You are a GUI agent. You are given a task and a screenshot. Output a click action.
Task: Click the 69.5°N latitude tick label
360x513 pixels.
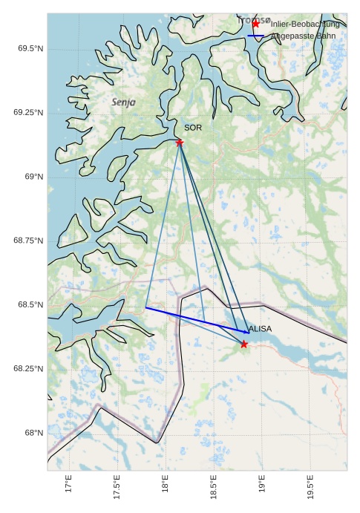tap(30, 48)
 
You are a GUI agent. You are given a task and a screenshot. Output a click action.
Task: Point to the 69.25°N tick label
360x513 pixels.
tap(28, 113)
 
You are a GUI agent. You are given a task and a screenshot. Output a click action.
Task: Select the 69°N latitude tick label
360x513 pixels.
tap(33, 177)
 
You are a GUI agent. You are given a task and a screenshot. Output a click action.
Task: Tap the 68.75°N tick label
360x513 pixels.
tap(28, 241)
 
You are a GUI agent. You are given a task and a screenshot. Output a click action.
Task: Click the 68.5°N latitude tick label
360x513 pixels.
tap(30, 305)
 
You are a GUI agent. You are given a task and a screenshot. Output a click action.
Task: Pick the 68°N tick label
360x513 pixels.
tap(33, 433)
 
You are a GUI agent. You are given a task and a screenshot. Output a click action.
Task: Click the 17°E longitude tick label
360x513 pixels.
tap(68, 485)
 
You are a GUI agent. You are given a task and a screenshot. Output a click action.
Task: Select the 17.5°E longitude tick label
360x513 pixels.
tap(117, 487)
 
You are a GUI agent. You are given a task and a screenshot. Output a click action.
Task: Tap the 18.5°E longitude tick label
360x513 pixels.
tap(213, 487)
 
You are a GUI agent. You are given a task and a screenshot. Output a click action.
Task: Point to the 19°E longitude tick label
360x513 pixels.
tap(261, 485)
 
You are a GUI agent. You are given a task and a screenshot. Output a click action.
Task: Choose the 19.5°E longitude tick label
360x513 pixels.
tap(310, 487)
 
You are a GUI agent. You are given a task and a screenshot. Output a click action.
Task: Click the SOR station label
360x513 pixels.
tap(193, 128)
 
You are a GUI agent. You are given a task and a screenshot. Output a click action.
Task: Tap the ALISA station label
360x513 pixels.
tap(260, 329)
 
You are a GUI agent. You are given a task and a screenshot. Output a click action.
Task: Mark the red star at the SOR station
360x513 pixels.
tap(180, 143)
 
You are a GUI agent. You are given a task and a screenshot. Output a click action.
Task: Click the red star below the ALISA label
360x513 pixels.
tap(244, 344)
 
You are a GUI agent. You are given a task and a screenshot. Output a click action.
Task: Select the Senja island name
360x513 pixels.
tap(123, 102)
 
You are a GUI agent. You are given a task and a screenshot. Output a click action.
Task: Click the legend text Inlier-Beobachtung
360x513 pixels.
tap(305, 24)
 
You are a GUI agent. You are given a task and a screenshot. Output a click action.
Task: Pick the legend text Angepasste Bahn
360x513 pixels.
tap(303, 36)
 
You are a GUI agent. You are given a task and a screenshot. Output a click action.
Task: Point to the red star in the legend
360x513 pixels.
tap(256, 24)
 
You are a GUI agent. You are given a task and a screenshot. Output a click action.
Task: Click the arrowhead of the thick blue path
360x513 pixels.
tap(247, 332)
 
